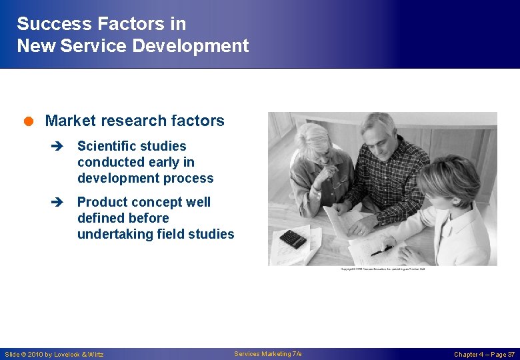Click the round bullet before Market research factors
click(31, 121)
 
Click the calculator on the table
click(293, 238)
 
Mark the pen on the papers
click(381, 252)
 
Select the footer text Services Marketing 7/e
click(268, 354)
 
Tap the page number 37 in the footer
click(511, 355)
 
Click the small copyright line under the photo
click(383, 269)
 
